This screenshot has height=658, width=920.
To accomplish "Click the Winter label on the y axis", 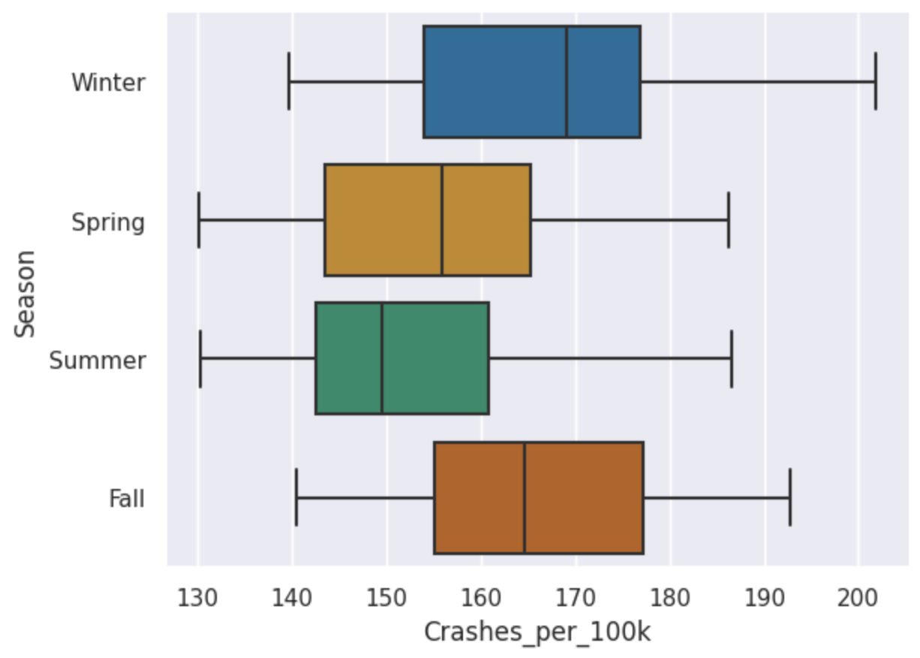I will pyautogui.click(x=108, y=82).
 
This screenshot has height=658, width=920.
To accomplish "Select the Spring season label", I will pyautogui.click(x=108, y=222).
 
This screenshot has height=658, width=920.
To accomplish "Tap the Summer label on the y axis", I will pyautogui.click(x=97, y=361).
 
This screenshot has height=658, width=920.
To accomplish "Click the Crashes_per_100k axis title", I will pyautogui.click(x=537, y=632).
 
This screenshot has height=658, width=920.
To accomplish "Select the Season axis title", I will pyautogui.click(x=26, y=293).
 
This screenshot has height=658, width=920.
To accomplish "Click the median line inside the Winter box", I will pyautogui.click(x=567, y=82).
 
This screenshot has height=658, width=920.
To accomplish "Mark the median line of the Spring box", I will pyautogui.click(x=442, y=220).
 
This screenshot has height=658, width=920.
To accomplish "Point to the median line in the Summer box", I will pyautogui.click(x=382, y=358).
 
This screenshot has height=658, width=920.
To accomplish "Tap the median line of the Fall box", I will pyautogui.click(x=525, y=498).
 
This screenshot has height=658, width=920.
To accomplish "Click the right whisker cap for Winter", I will pyautogui.click(x=876, y=82).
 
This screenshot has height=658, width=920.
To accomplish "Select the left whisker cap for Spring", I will pyautogui.click(x=198, y=220).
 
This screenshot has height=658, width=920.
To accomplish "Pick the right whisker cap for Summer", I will pyautogui.click(x=732, y=358).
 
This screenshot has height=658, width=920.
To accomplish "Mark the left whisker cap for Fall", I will pyautogui.click(x=296, y=498).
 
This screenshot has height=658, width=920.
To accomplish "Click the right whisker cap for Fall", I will pyautogui.click(x=790, y=498).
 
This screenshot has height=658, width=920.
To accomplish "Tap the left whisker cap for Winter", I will pyautogui.click(x=289, y=82).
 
